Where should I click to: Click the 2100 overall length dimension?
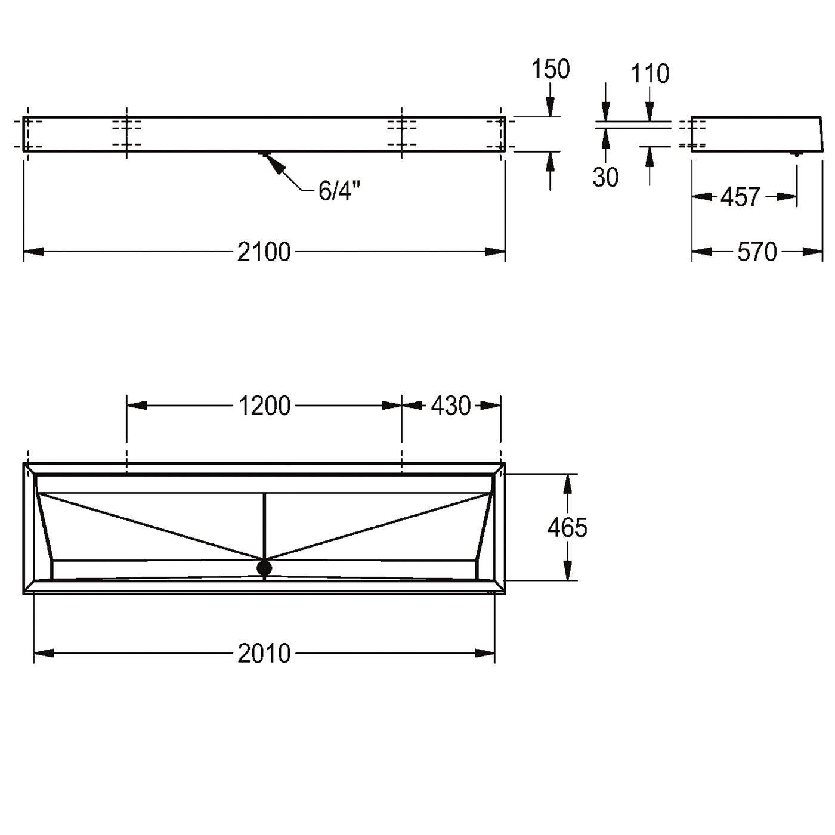point(264,252)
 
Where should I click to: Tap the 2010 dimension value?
point(264,654)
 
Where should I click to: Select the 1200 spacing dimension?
point(264,406)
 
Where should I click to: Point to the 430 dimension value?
point(451,406)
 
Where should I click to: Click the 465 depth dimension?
point(567,528)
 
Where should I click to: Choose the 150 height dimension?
point(551,69)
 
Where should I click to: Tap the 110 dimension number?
point(650,74)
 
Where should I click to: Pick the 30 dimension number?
point(605,177)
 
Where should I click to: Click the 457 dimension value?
point(740,197)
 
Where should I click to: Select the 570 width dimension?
point(757,252)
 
